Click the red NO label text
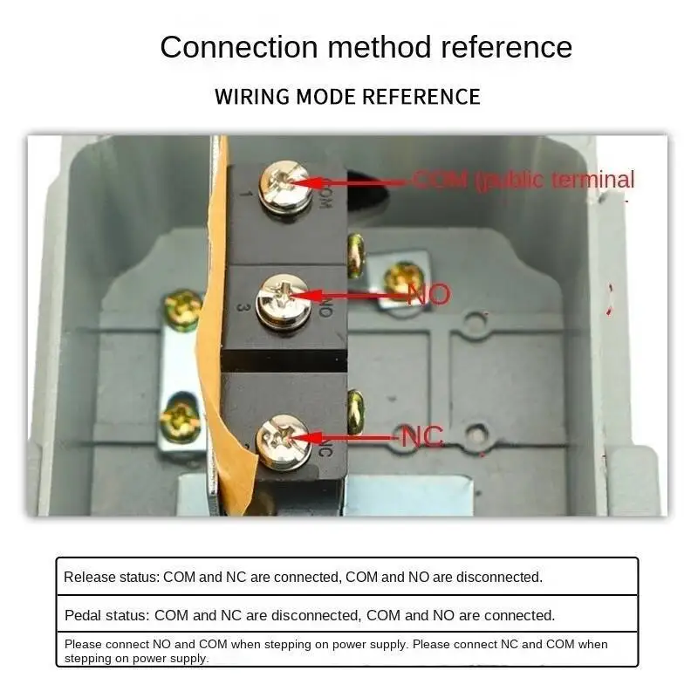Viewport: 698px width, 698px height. point(428,294)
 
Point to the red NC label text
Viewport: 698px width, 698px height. point(422,436)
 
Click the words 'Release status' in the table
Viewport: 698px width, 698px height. point(111,577)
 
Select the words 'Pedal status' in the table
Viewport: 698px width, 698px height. point(106,615)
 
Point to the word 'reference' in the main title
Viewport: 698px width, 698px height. point(506,47)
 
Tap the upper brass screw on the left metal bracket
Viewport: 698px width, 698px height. point(184,307)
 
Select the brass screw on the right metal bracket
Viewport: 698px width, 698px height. point(403,279)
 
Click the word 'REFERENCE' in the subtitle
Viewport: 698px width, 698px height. point(421,96)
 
